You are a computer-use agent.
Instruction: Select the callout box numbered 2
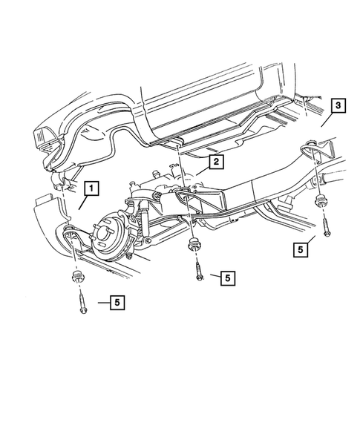[215, 161]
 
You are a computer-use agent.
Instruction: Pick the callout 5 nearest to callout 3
[300, 250]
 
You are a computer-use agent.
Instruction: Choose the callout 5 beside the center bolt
[227, 277]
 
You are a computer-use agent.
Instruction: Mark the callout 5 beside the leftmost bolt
[116, 302]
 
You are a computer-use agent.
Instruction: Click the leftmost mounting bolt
[80, 302]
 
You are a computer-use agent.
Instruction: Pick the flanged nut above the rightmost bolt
[323, 198]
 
